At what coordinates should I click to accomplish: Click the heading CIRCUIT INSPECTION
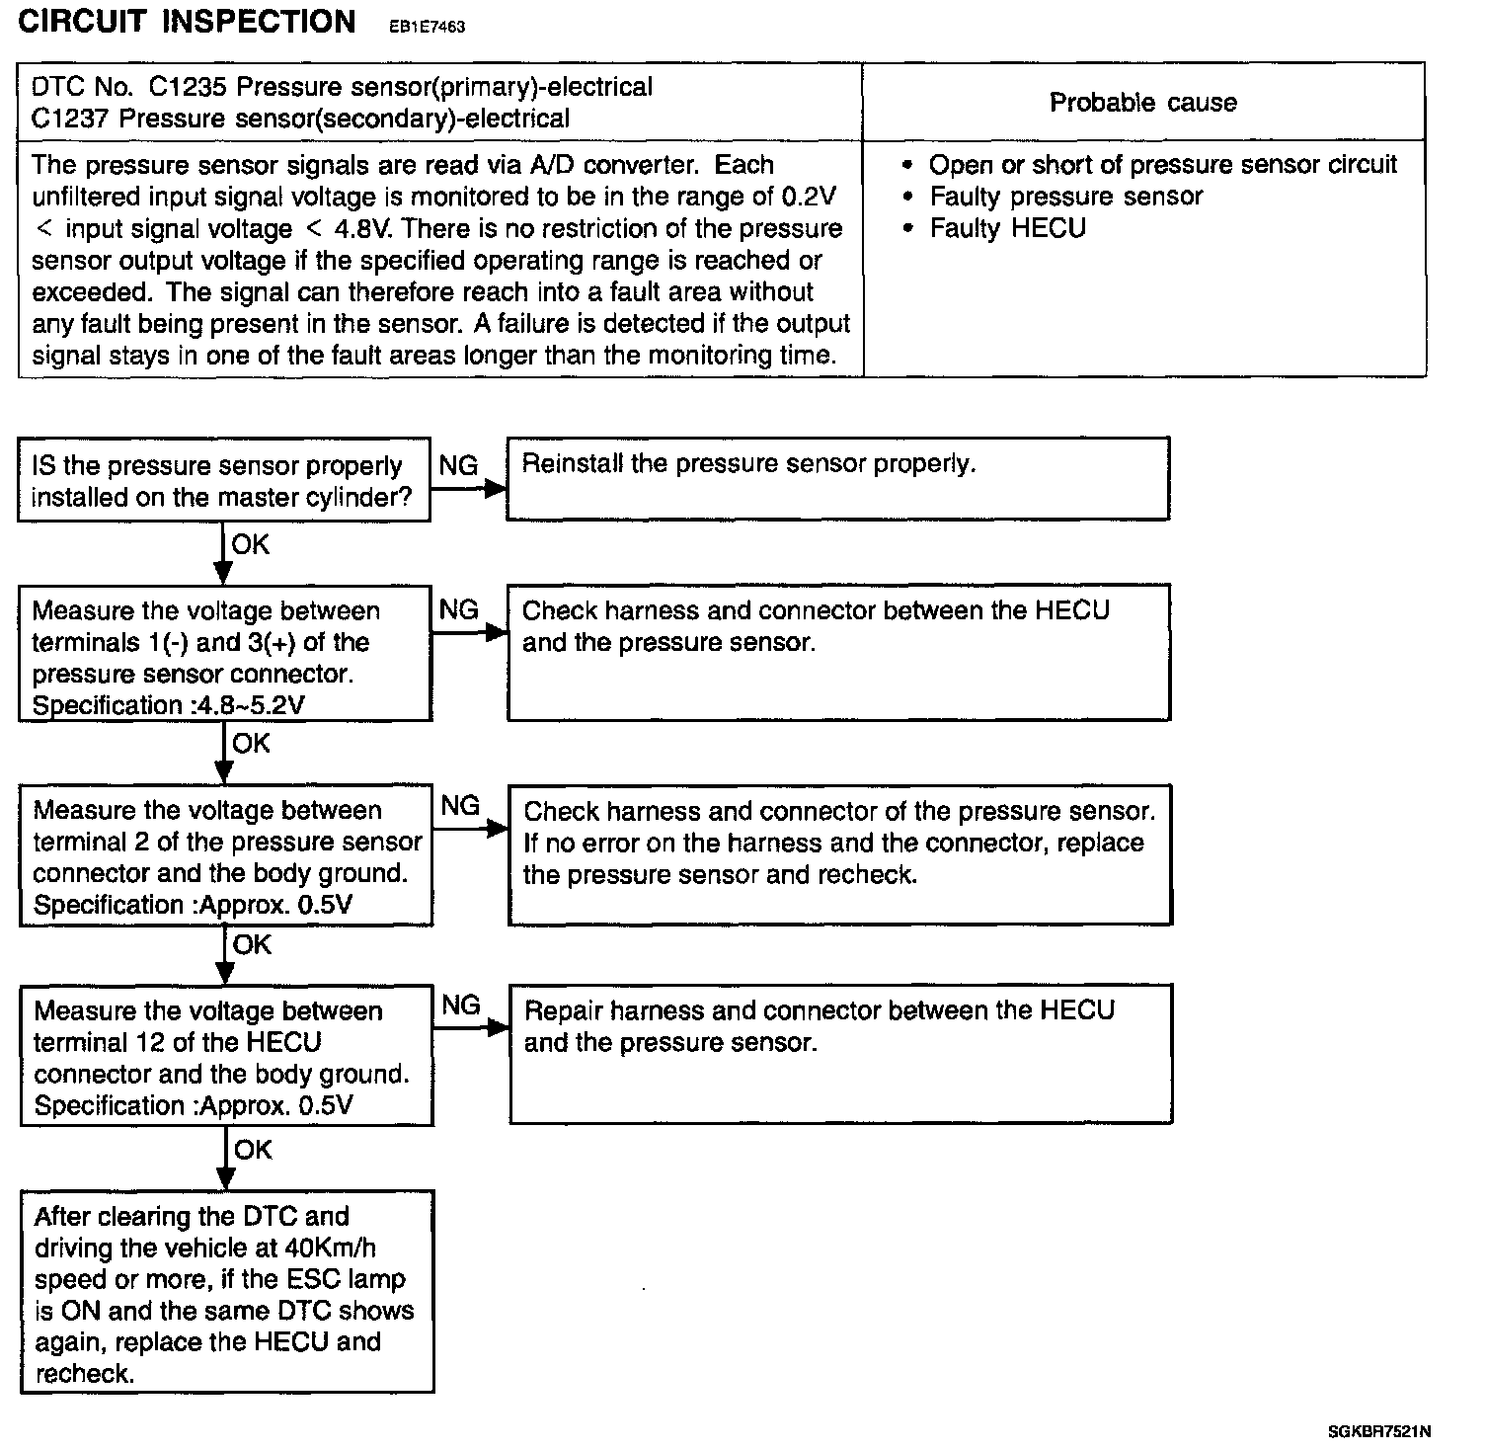(x=187, y=23)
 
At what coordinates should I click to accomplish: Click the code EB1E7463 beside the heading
(x=427, y=27)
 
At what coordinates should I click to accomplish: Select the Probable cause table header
(x=1142, y=103)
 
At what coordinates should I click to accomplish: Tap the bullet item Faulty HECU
(x=1007, y=228)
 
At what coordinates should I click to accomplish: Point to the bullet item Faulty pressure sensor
(x=1065, y=197)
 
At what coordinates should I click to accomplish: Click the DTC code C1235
(x=189, y=87)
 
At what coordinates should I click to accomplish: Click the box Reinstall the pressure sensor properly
(x=837, y=478)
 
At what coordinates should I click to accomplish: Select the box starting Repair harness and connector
(x=840, y=1053)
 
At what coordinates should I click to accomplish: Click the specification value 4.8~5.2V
(x=264, y=705)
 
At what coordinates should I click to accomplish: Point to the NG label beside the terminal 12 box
(x=461, y=1006)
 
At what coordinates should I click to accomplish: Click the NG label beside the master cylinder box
(x=458, y=465)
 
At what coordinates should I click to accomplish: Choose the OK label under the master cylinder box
(x=250, y=544)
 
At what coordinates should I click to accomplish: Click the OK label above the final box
(x=253, y=1150)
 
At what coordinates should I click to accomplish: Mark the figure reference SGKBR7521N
(x=1379, y=1431)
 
